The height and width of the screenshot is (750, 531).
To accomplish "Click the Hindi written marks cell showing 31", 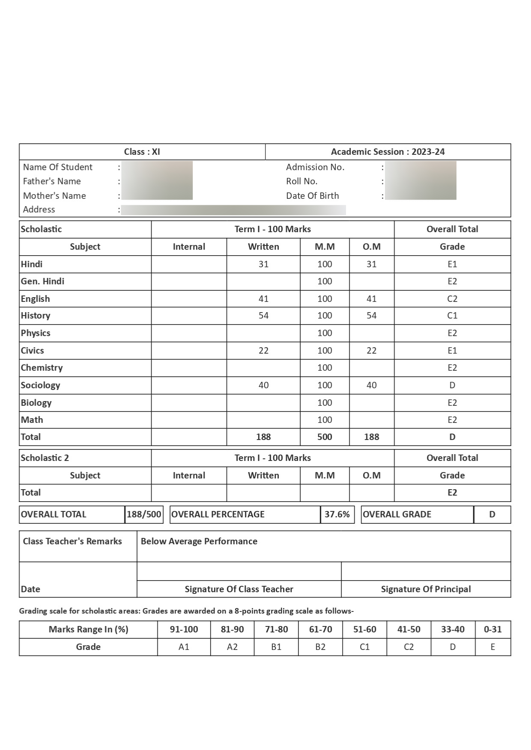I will (263, 264).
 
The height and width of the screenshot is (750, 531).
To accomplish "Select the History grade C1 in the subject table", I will (452, 316).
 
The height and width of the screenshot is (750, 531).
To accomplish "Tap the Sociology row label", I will (41, 385).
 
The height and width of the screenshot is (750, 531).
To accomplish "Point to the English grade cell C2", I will (452, 299).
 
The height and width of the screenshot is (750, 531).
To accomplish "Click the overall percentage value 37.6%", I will (337, 514).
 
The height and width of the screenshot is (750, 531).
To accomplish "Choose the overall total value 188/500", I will (144, 514).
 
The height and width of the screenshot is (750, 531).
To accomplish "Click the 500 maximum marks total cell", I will (325, 437).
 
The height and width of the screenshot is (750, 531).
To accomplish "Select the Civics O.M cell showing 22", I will (371, 351).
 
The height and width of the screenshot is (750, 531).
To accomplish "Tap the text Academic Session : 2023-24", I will (388, 152).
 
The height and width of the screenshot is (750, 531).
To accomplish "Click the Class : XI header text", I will (142, 152).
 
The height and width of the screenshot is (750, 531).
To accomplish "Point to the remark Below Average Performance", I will (199, 541).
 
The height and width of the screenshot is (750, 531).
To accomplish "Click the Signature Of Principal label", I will (426, 589).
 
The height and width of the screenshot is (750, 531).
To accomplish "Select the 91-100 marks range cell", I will (184, 629).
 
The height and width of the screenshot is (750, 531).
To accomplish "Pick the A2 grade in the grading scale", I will (232, 647).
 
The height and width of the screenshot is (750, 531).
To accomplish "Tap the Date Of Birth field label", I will (312, 196).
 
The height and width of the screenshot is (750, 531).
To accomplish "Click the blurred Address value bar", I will (233, 210).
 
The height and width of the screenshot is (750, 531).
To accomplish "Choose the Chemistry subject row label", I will (42, 368).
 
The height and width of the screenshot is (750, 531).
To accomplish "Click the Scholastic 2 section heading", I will (45, 458).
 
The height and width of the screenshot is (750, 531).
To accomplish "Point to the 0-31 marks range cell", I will (492, 629).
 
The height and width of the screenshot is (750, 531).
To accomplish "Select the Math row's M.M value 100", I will (325, 420).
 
